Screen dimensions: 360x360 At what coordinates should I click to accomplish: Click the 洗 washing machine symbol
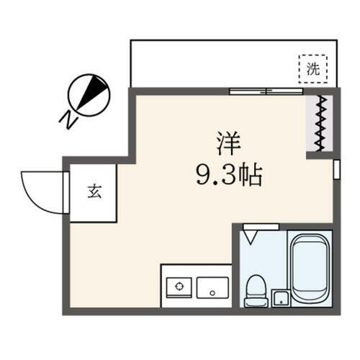click(x=312, y=70)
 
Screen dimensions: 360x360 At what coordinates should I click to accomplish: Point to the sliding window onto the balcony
click(x=266, y=91)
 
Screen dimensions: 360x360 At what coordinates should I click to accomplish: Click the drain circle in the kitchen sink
click(x=212, y=292)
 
